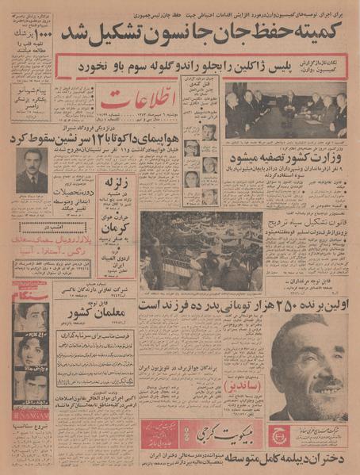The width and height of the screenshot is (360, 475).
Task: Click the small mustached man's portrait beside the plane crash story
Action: click(32, 170)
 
